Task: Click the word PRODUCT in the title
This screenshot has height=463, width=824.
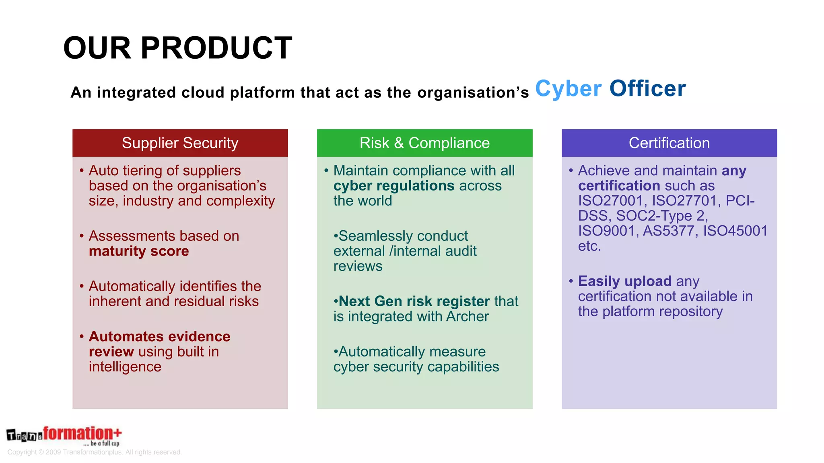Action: coord(216,48)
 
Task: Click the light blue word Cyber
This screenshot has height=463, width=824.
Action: coord(568,89)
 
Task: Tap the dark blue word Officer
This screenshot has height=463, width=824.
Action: coord(647,89)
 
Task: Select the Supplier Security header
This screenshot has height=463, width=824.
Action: coord(180,143)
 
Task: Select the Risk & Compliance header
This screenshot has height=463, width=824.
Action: coord(424,143)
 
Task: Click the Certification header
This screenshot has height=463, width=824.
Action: coord(669,143)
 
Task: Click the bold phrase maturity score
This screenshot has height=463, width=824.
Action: coord(139,251)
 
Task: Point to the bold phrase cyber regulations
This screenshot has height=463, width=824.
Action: coord(393,186)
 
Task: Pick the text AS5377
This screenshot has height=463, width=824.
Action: coord(668,231)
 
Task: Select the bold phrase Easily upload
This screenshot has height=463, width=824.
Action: coord(624,281)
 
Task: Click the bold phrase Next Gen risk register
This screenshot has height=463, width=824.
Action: coord(414,301)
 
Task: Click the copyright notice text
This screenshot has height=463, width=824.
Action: coord(95,452)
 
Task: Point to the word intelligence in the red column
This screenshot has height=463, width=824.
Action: coord(125,367)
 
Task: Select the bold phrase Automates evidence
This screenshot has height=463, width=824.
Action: coord(159,336)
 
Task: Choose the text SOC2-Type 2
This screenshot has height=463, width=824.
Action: coord(661,216)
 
